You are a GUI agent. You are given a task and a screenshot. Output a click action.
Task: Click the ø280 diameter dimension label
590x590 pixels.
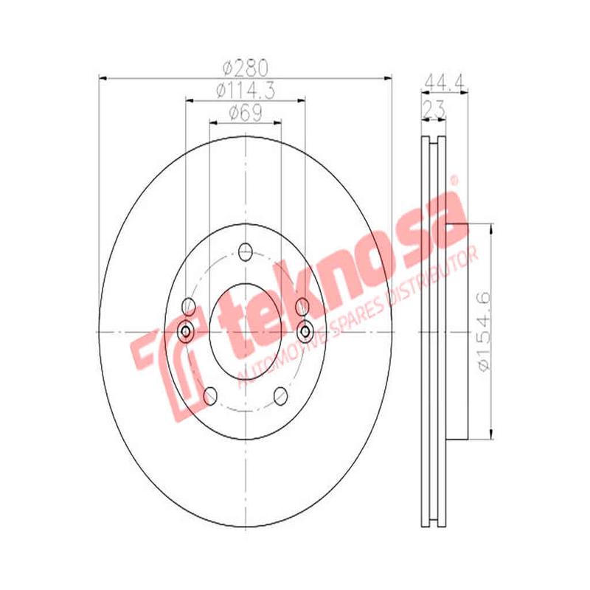244,68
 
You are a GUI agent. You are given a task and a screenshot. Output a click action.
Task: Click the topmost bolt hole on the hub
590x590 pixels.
246,252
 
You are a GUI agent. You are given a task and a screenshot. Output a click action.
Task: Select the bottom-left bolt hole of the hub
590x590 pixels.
210,397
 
